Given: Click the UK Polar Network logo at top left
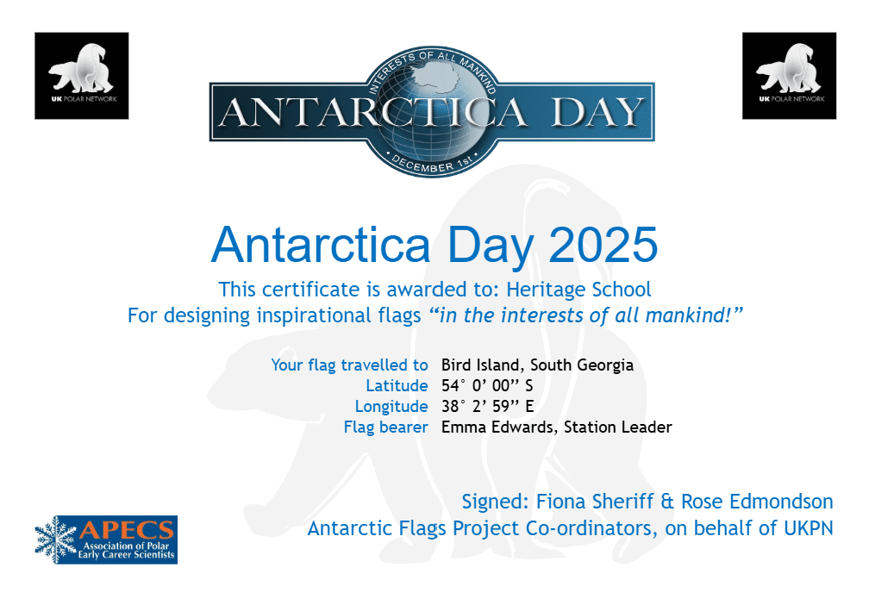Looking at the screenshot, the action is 81,75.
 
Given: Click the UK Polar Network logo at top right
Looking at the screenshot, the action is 789,75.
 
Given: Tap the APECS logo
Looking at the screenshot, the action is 106,540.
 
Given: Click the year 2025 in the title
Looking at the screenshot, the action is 603,245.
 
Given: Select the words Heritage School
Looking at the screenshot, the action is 578,290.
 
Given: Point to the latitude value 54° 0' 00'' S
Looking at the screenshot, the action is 487,385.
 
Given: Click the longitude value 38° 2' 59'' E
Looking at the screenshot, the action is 488,406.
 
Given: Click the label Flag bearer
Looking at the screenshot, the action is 385,427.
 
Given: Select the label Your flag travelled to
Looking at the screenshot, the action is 350,365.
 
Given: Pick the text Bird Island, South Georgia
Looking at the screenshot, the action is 538,365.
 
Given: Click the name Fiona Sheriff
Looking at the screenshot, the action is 595,502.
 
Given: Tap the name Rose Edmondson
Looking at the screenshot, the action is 757,502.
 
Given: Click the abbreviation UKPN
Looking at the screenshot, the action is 809,528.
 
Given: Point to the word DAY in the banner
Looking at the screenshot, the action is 598,112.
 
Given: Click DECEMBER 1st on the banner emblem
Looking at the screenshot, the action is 432,163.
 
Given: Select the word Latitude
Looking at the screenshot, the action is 397,385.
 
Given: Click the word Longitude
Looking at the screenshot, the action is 391,407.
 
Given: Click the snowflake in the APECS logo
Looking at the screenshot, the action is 55,540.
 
